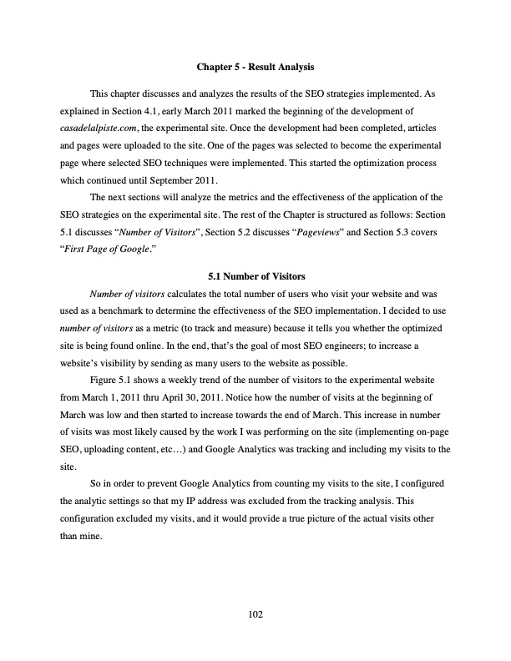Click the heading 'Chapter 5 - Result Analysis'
[x=255, y=65]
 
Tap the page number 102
[x=255, y=615]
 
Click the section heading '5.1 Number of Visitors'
[x=255, y=274]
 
